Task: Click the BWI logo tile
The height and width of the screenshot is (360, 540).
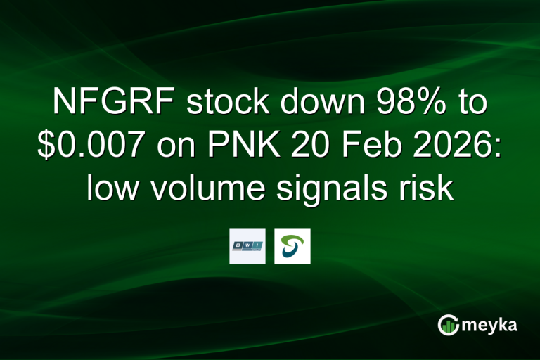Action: (247, 246)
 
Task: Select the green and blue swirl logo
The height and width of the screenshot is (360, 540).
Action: (292, 246)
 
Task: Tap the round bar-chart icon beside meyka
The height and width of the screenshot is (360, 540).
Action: (447, 324)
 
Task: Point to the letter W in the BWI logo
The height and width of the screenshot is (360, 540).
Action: (247, 245)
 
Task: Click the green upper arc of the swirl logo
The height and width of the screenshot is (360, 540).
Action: (293, 239)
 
